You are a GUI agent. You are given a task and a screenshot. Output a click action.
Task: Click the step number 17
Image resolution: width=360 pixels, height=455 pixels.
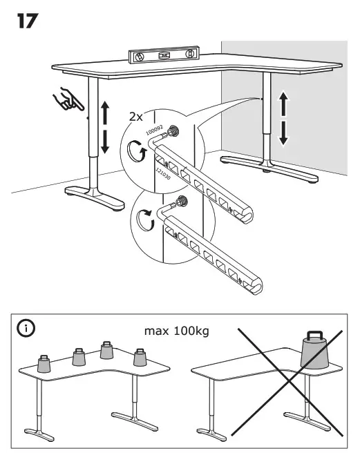click(x=28, y=21)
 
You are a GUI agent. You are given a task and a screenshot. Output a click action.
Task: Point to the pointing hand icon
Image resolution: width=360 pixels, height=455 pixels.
click(x=69, y=99)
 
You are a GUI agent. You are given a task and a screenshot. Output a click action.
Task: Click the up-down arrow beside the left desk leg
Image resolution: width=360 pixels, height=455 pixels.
click(x=104, y=127)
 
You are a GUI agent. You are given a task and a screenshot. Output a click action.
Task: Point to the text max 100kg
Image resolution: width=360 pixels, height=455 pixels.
click(x=176, y=331)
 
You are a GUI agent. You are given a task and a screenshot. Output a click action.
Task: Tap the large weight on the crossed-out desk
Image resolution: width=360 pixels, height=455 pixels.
click(x=314, y=351)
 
